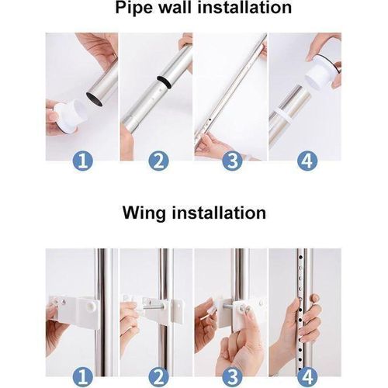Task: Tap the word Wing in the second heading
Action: (144, 213)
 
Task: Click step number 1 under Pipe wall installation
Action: (83, 161)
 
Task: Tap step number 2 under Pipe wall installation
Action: (158, 161)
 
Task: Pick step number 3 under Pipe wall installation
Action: (232, 161)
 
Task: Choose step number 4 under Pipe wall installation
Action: (307, 161)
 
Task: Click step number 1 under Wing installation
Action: (83, 376)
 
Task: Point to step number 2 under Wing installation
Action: (158, 376)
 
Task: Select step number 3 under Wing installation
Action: (232, 376)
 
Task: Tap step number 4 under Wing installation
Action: (307, 376)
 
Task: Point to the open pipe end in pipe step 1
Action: (95, 99)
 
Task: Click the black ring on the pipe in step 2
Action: (164, 83)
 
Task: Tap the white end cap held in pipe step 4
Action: (320, 71)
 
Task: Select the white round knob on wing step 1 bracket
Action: (92, 307)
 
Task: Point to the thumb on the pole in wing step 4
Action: (316, 298)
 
